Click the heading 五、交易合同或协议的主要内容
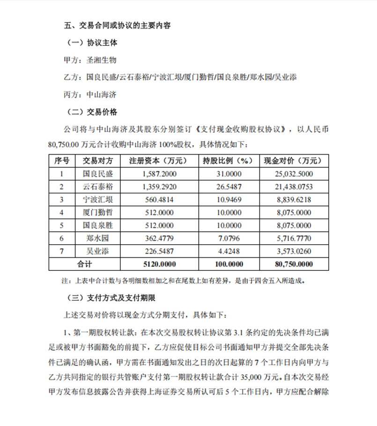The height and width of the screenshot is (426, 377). [x=117, y=25]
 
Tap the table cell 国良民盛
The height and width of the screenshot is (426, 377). [x=97, y=173]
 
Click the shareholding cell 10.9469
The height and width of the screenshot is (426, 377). [x=228, y=199]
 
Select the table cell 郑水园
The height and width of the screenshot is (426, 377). [x=97, y=238]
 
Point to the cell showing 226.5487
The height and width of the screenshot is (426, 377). [x=156, y=251]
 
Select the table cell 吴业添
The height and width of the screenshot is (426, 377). [x=97, y=251]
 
